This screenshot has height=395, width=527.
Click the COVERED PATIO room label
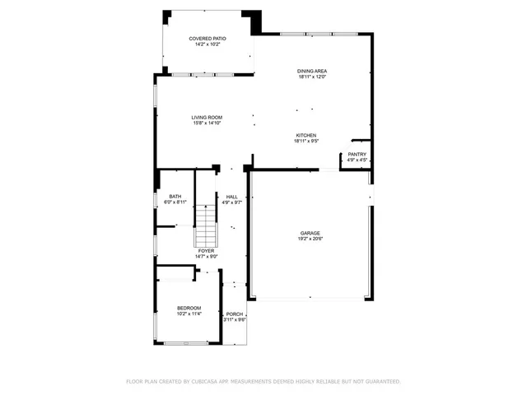(208, 39)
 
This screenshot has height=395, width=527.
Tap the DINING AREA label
(312, 72)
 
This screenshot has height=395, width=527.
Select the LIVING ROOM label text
(208, 118)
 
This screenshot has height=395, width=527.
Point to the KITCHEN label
(306, 136)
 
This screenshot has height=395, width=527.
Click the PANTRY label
(357, 155)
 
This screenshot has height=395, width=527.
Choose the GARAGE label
(310, 233)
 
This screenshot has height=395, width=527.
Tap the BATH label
(175, 196)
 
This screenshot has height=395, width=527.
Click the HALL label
(232, 197)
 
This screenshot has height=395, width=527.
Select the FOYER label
(206, 251)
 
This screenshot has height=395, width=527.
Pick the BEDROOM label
(189, 308)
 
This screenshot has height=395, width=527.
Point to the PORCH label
(236, 314)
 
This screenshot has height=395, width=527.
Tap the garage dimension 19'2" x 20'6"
(310, 239)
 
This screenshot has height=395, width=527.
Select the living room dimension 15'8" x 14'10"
(208, 123)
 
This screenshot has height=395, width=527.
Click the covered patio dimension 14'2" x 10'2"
(208, 44)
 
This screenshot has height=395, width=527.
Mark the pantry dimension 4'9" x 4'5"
(357, 160)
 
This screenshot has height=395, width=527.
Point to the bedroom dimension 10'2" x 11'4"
(189, 314)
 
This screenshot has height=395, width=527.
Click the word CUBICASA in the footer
(207, 382)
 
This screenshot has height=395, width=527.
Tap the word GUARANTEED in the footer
(380, 382)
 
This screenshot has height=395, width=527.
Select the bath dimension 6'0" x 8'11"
(175, 202)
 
